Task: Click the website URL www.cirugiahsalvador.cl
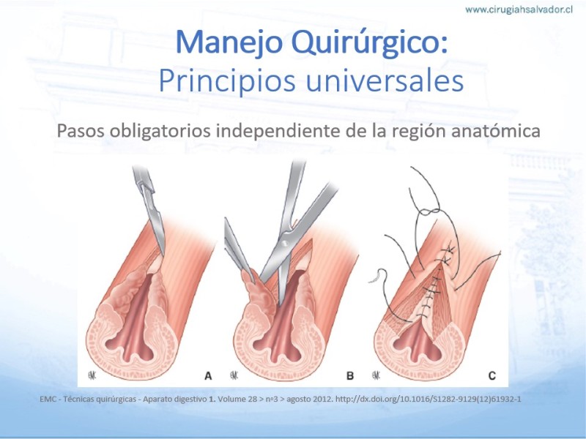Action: [519, 10]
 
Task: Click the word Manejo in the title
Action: [229, 42]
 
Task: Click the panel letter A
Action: [208, 375]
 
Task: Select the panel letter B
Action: [350, 375]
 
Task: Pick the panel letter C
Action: [492, 375]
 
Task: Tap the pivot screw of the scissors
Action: [285, 243]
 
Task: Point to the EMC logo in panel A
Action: [92, 375]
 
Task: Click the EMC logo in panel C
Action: [377, 375]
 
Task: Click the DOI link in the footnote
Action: [429, 399]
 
